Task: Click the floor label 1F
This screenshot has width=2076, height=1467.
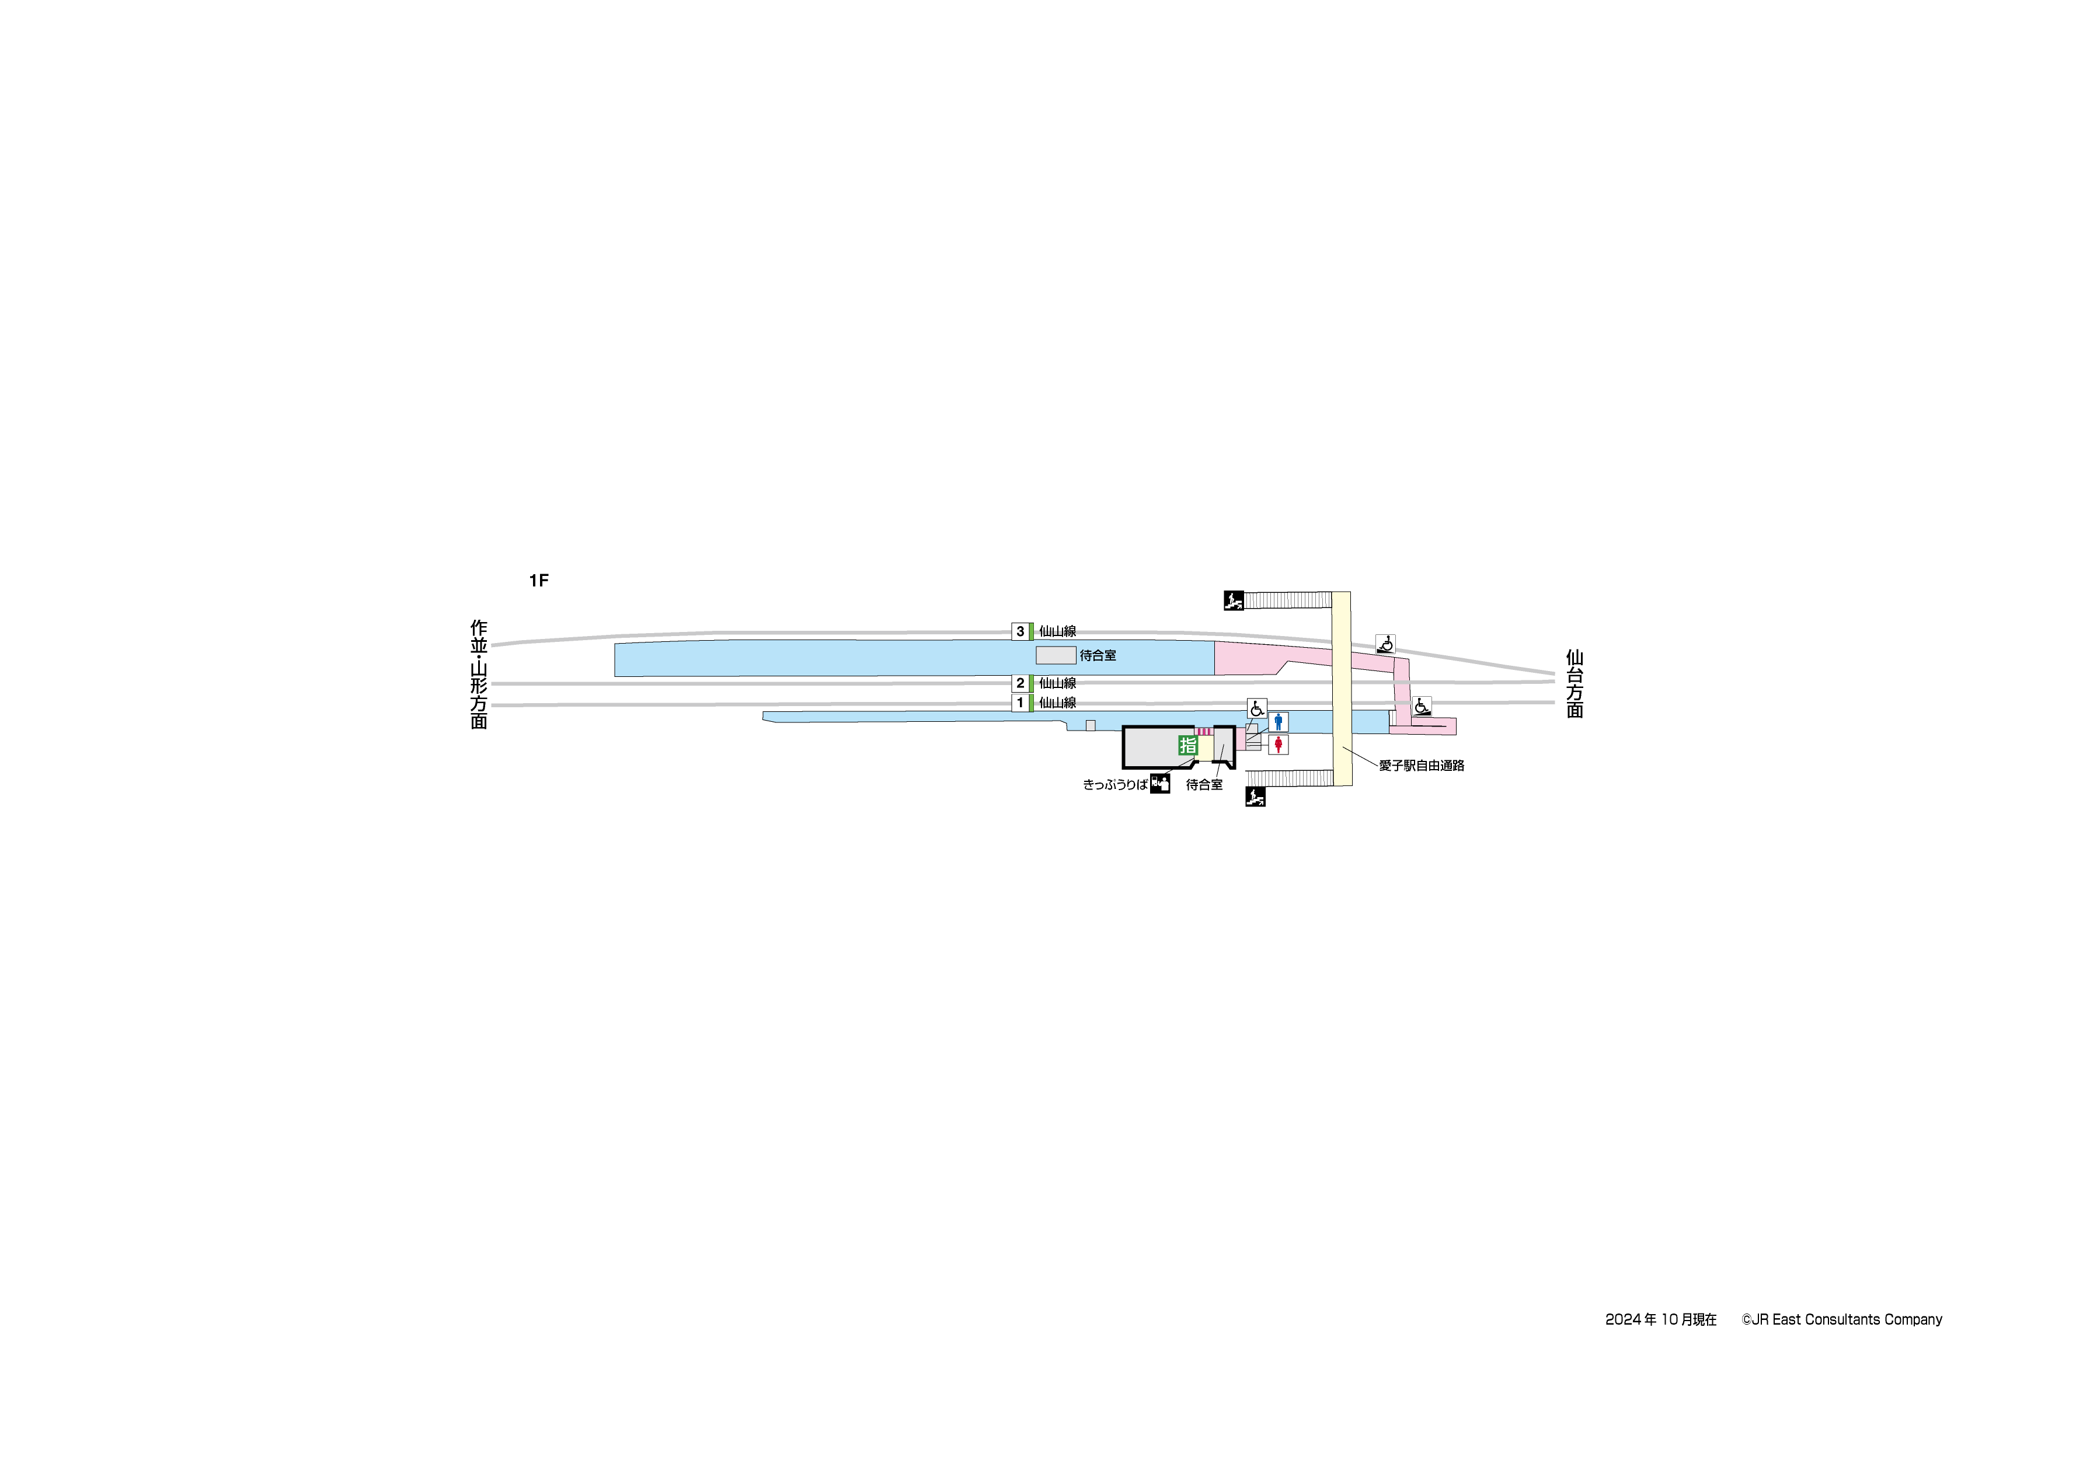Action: [539, 580]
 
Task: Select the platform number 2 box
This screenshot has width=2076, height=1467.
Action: [1020, 683]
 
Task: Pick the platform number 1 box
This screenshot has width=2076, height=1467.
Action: [1020, 703]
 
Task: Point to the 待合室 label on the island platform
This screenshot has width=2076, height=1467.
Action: [1098, 655]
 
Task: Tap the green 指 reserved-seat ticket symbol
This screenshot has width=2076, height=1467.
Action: [1187, 746]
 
